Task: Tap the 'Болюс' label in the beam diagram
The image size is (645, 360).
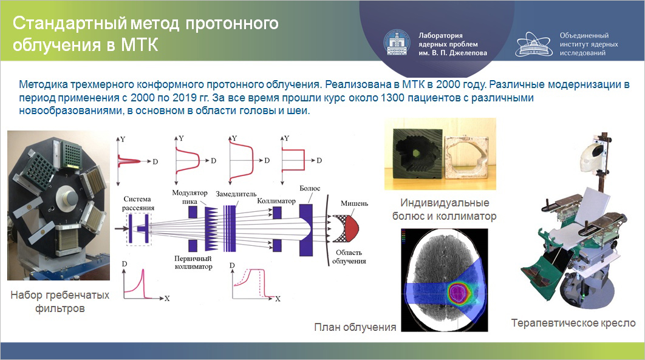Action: [x=309, y=189]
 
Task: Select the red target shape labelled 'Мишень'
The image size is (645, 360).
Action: [x=348, y=228]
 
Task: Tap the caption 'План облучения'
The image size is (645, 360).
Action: [x=355, y=327]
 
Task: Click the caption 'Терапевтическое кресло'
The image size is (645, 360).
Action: [x=573, y=323]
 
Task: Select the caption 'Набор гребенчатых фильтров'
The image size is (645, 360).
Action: [x=60, y=302]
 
